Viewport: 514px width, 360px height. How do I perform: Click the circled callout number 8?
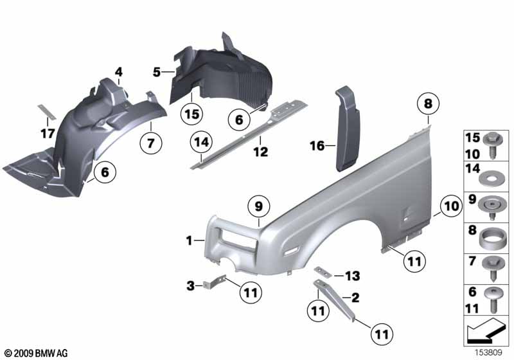[428, 104]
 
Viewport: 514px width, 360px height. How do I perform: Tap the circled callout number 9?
[259, 206]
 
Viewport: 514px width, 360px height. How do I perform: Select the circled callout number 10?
[451, 206]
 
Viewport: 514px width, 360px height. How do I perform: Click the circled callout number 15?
[192, 114]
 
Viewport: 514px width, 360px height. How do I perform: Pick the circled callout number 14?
[201, 142]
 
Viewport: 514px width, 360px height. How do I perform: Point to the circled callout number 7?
[151, 143]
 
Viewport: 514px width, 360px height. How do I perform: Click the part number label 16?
[317, 146]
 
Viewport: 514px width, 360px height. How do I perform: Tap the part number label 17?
[48, 134]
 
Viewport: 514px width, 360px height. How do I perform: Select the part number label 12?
[261, 152]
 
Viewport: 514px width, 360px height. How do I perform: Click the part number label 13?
[352, 276]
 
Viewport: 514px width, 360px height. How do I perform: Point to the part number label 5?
[157, 72]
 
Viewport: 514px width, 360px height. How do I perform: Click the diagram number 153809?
[489, 353]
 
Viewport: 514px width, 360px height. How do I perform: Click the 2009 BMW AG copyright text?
[37, 353]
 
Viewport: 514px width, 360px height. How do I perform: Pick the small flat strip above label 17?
[47, 112]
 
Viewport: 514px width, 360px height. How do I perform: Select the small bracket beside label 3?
[215, 282]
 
